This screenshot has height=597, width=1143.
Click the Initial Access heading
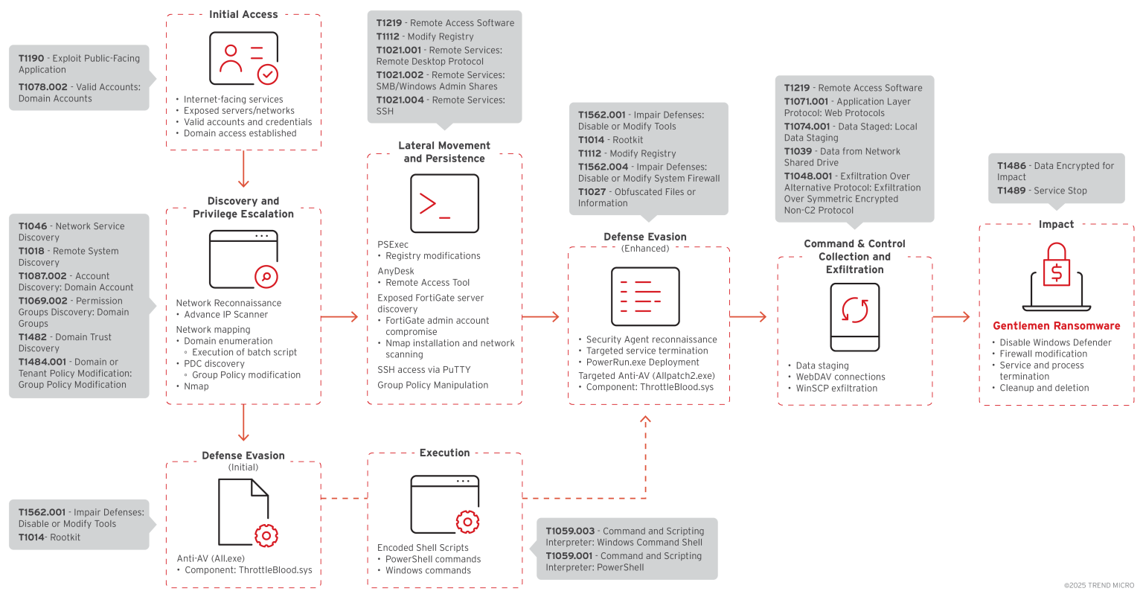point(243,14)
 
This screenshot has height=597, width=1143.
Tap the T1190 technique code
point(31,58)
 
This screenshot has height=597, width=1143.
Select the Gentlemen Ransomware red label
point(1056,326)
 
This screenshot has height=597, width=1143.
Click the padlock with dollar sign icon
point(1056,272)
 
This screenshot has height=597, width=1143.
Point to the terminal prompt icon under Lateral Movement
point(444,204)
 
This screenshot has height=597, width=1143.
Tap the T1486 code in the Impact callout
point(1011,166)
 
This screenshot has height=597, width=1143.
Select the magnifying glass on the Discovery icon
point(266,277)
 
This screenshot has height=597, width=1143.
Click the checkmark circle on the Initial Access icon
point(268,74)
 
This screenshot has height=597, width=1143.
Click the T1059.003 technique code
point(570,531)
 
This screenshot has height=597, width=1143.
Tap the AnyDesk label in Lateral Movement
point(396,272)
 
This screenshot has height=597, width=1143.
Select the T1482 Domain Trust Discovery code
point(33,337)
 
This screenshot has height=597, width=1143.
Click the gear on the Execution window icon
point(467,522)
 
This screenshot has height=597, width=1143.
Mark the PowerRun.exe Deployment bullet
point(642,363)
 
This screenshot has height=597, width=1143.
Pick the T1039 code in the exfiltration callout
point(798,151)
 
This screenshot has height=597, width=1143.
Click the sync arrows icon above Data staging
point(855,310)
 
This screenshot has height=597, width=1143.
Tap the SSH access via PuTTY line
point(423,370)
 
